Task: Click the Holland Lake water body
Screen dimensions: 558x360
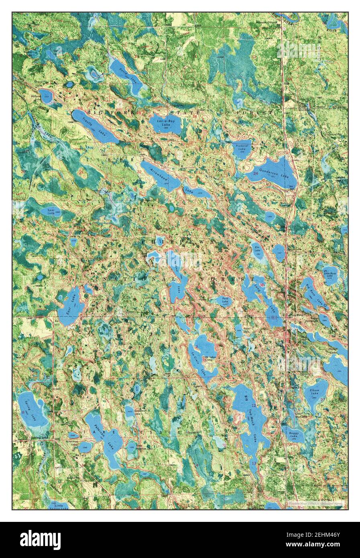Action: (x=46, y=96)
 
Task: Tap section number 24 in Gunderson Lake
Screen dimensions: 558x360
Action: (x=256, y=173)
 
